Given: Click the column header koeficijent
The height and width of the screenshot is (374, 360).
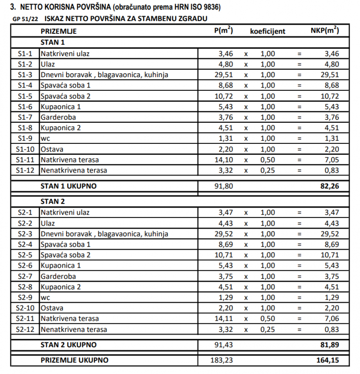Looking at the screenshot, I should click(268, 32).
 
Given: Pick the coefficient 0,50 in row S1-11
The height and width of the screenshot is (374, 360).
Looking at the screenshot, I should click(268, 160).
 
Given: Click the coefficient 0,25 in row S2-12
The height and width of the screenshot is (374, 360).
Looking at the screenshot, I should click(268, 330).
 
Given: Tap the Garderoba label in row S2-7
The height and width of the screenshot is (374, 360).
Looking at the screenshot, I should click(58, 277).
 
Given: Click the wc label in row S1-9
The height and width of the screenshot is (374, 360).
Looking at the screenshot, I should click(46, 139).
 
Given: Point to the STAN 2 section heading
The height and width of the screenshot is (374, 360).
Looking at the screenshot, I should click(53, 201).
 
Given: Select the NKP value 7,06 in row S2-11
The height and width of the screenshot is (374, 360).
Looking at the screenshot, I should click(332, 319).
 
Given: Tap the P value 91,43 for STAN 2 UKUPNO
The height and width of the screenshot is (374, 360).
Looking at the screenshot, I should click(223, 345).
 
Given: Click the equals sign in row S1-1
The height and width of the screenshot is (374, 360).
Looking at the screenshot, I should click(299, 54).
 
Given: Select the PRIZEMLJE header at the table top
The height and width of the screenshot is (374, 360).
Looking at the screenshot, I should click(59, 32).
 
